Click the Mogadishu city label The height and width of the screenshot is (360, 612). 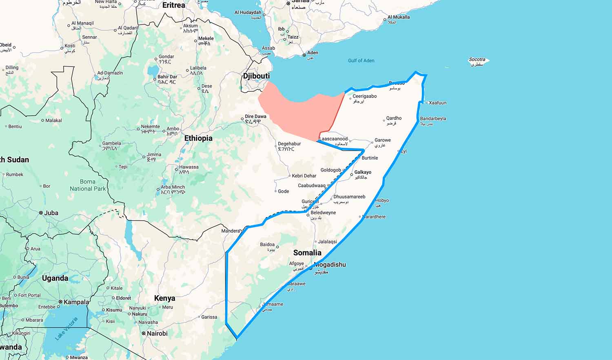330,264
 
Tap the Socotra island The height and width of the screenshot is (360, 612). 478,61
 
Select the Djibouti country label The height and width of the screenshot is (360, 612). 256,76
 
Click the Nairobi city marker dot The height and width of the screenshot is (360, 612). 144,333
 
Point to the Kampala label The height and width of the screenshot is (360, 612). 76,302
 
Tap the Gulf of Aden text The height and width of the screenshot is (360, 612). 361,60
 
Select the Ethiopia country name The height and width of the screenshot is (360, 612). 198,138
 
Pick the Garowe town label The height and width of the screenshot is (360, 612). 382,140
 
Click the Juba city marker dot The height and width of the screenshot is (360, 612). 41,213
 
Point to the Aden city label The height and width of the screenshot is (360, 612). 313,53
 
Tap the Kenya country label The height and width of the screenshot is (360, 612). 164,298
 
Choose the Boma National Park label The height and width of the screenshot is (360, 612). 87,185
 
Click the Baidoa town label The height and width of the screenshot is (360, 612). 267,244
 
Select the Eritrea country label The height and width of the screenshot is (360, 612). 173,5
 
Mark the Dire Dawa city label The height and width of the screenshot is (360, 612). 255,116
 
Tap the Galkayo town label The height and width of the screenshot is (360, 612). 363,172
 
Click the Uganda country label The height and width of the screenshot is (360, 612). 55,278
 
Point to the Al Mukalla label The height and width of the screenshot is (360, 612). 399,17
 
